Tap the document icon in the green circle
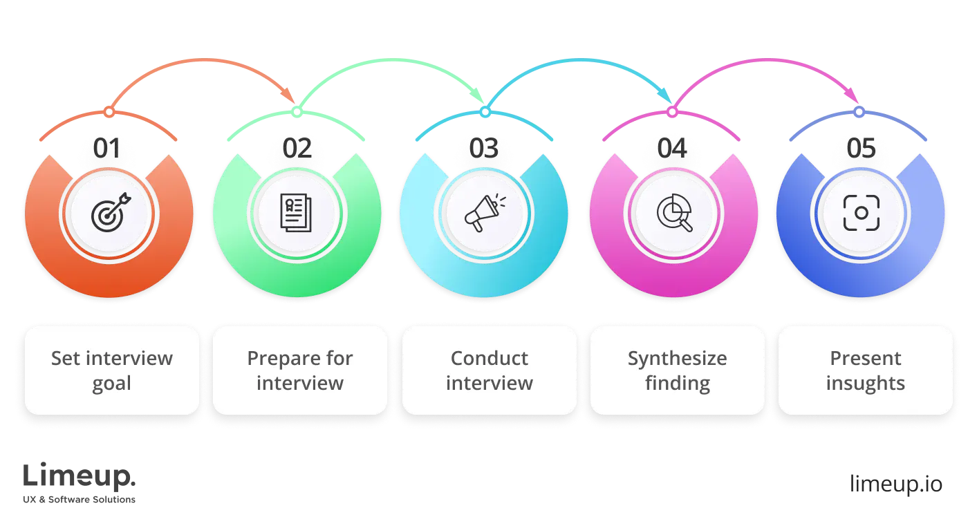297,212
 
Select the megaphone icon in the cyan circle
485,212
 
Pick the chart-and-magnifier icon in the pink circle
673,212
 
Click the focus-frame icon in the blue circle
861,212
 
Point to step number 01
107,149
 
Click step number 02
297,149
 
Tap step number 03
485,149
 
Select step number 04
672,149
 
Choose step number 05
860,149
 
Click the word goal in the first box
112,384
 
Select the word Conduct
490,359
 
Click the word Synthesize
678,359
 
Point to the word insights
866,383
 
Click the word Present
866,359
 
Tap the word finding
678,383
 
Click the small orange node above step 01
108,111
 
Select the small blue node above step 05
858,111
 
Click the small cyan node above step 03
485,111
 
